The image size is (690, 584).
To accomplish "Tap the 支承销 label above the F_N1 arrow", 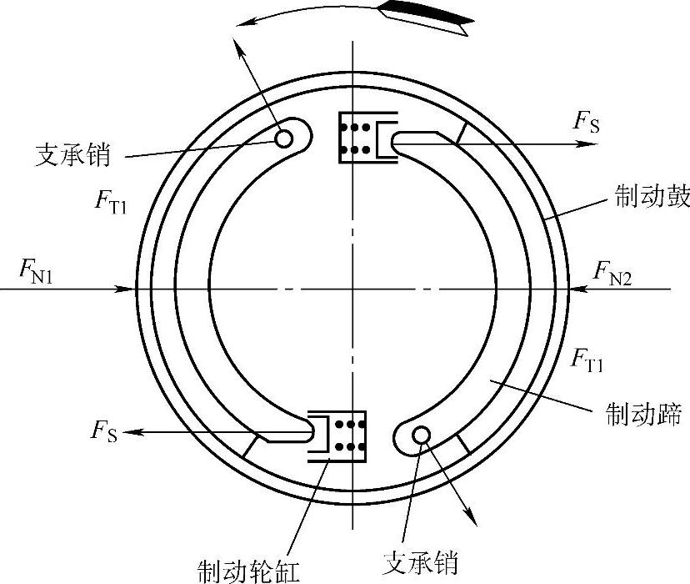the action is [x=73, y=154].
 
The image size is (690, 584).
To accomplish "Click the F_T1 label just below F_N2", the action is [x=587, y=360].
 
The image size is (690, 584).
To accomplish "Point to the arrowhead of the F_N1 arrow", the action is [x=129, y=289].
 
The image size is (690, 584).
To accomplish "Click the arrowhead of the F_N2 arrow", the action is [x=577, y=289].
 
